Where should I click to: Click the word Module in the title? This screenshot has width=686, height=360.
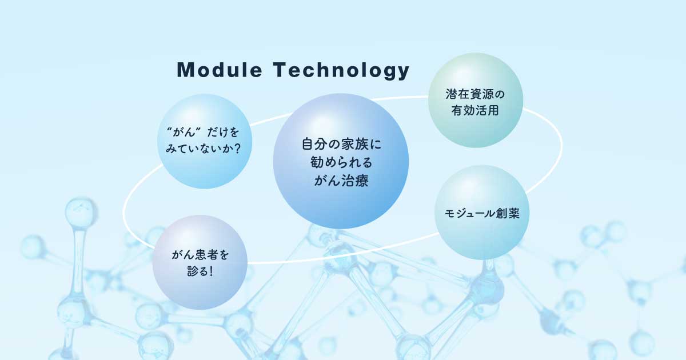point(220,70)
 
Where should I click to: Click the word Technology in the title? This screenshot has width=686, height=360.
point(341,71)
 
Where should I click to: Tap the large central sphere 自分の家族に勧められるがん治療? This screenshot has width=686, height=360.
point(341,161)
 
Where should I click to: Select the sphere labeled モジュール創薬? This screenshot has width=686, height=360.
point(482,212)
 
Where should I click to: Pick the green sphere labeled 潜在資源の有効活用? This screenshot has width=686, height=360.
point(475,100)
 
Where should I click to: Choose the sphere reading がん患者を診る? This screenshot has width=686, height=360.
point(200,262)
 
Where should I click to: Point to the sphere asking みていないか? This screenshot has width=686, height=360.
point(205,141)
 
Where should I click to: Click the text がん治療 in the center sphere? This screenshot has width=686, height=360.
point(341,181)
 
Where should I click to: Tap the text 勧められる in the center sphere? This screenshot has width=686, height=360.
point(341,162)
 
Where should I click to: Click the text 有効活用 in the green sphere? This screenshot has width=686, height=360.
point(475,110)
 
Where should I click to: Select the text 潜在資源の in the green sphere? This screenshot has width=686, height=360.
point(475,94)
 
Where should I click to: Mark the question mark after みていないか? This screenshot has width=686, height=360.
point(237,149)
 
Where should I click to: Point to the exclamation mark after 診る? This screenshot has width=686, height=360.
point(210,271)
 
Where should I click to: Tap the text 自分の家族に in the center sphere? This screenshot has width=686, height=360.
point(341,144)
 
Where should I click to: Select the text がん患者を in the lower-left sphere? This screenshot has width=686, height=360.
point(200,255)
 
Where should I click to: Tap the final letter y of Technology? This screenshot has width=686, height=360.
point(404,72)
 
